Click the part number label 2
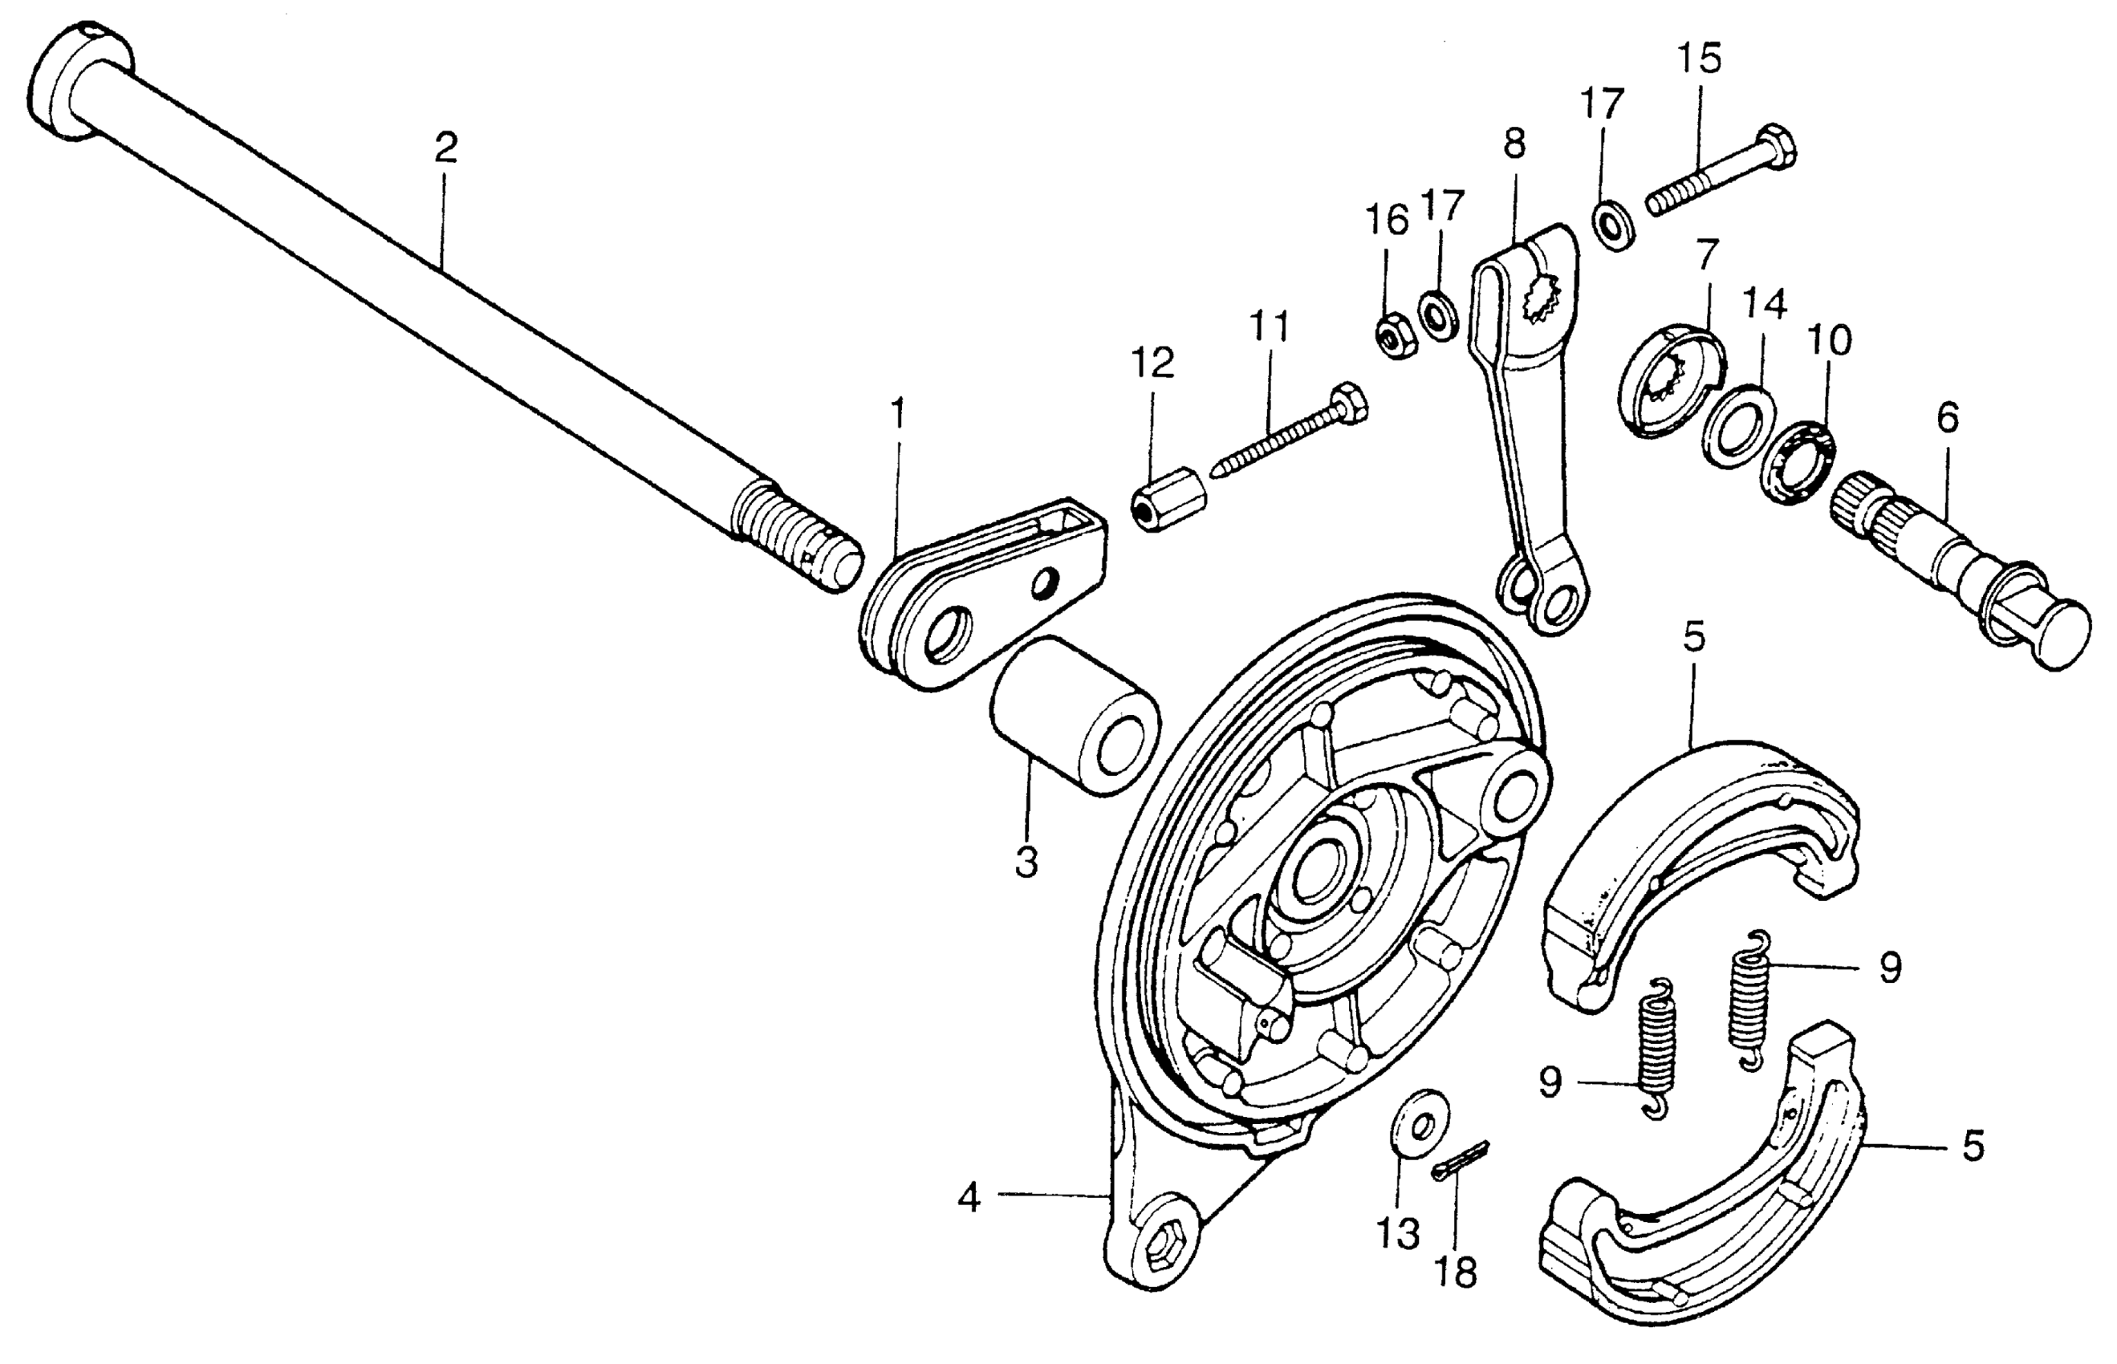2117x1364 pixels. (x=445, y=148)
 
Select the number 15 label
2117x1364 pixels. (x=1699, y=59)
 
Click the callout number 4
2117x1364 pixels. (x=969, y=1199)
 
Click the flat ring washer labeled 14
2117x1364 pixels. (x=1739, y=426)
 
